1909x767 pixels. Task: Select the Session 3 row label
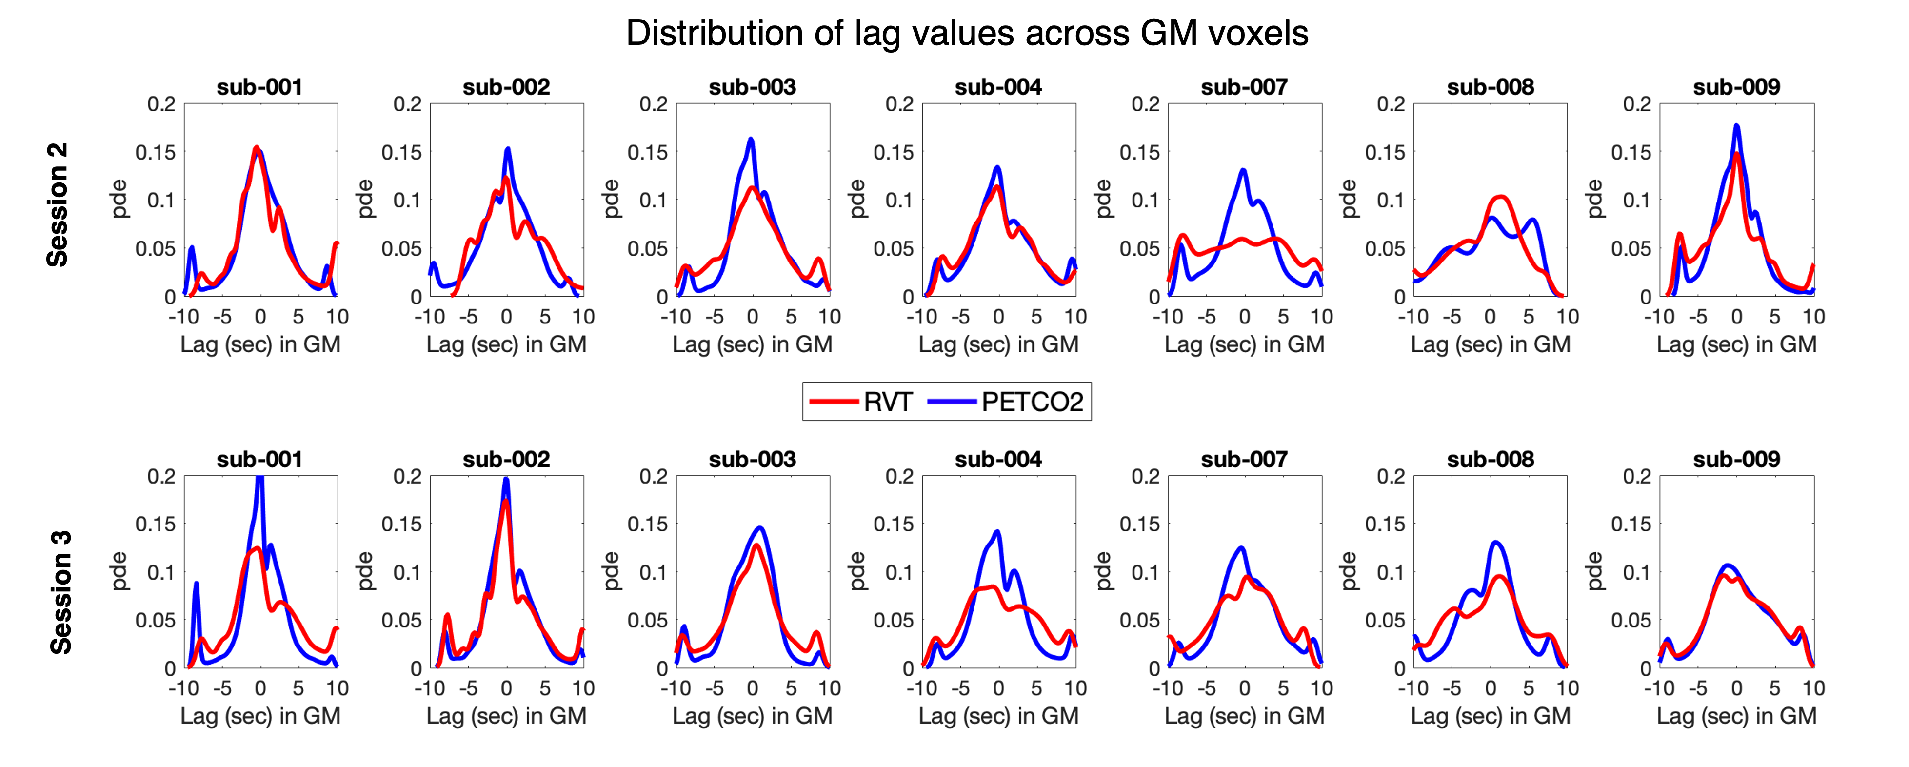pyautogui.click(x=60, y=592)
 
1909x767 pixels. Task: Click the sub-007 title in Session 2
pyautogui.click(x=1244, y=87)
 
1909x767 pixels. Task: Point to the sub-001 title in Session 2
pyautogui.click(x=259, y=87)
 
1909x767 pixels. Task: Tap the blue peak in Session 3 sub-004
pyautogui.click(x=997, y=531)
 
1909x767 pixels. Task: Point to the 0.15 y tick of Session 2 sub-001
pyautogui.click(x=156, y=153)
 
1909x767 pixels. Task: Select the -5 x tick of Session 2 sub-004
pyautogui.click(x=960, y=317)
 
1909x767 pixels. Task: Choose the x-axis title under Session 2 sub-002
pyautogui.click(x=506, y=344)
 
